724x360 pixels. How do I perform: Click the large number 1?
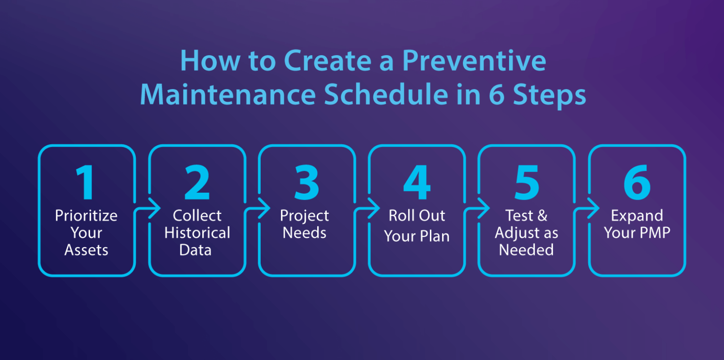(86, 182)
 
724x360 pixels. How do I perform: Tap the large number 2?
(197, 182)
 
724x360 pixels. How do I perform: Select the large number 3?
(306, 182)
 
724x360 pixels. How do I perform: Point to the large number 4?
(417, 182)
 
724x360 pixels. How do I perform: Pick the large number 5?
(527, 182)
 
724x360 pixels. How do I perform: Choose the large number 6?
(637, 182)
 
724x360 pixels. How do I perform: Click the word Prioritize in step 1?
(86, 216)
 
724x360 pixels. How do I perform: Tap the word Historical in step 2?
(197, 233)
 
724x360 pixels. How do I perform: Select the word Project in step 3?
(304, 216)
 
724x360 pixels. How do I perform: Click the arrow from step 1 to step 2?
(152, 208)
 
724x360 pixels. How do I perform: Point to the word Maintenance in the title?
(228, 94)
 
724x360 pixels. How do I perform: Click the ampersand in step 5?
(542, 216)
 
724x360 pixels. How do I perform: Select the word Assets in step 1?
(86, 250)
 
